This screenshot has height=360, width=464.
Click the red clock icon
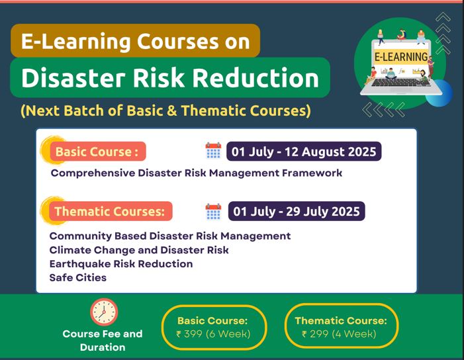click(x=104, y=312)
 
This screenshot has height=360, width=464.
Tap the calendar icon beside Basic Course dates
click(x=213, y=151)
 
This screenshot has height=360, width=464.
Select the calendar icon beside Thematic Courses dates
click(x=213, y=212)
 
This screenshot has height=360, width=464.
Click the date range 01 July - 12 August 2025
click(x=304, y=152)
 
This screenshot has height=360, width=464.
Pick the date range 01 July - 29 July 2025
click(x=297, y=211)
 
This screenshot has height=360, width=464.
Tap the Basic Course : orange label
click(x=98, y=152)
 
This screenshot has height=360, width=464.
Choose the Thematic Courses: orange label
click(x=111, y=211)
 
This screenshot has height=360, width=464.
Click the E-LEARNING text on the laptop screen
click(x=401, y=57)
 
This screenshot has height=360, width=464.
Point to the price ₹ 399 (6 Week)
click(x=213, y=334)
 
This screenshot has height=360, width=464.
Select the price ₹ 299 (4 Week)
click(x=339, y=334)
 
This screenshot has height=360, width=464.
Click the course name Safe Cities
click(x=78, y=277)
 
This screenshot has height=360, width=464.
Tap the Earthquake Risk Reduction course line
click(x=121, y=263)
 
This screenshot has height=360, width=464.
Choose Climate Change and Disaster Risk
click(x=139, y=250)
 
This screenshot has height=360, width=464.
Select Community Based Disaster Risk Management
click(x=170, y=236)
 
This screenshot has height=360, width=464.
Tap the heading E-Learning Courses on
click(x=136, y=41)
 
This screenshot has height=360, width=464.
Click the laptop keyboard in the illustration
click(x=401, y=83)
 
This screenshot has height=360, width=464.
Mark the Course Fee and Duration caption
click(x=103, y=340)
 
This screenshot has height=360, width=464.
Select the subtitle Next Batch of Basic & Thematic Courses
click(x=165, y=111)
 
